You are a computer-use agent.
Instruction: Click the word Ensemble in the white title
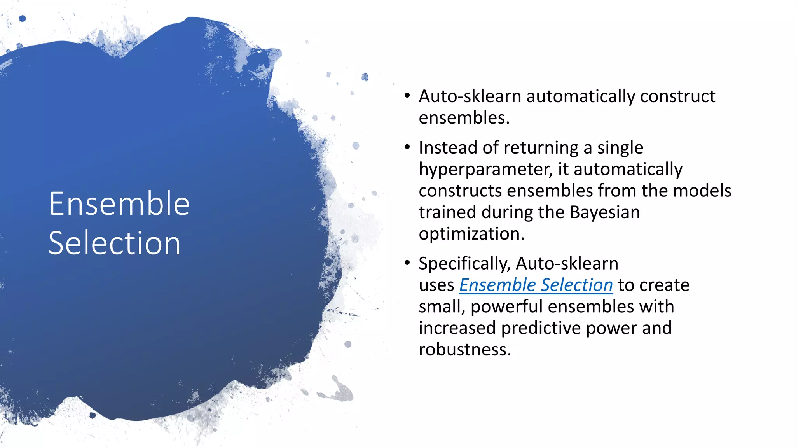pos(119,204)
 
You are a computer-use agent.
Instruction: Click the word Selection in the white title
pos(114,243)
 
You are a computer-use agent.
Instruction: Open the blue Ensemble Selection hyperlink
pos(536,285)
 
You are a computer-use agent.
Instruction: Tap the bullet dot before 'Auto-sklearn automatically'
pos(407,96)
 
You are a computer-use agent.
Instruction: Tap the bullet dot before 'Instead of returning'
pos(407,147)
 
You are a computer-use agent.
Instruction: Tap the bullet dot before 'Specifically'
pos(407,263)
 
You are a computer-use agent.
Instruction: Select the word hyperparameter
pos(485,170)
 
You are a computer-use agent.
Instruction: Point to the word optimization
pos(471,234)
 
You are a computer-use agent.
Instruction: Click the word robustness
pos(464,349)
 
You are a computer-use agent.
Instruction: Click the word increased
pos(457,328)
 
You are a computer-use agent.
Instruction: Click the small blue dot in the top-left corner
pos(23,18)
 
